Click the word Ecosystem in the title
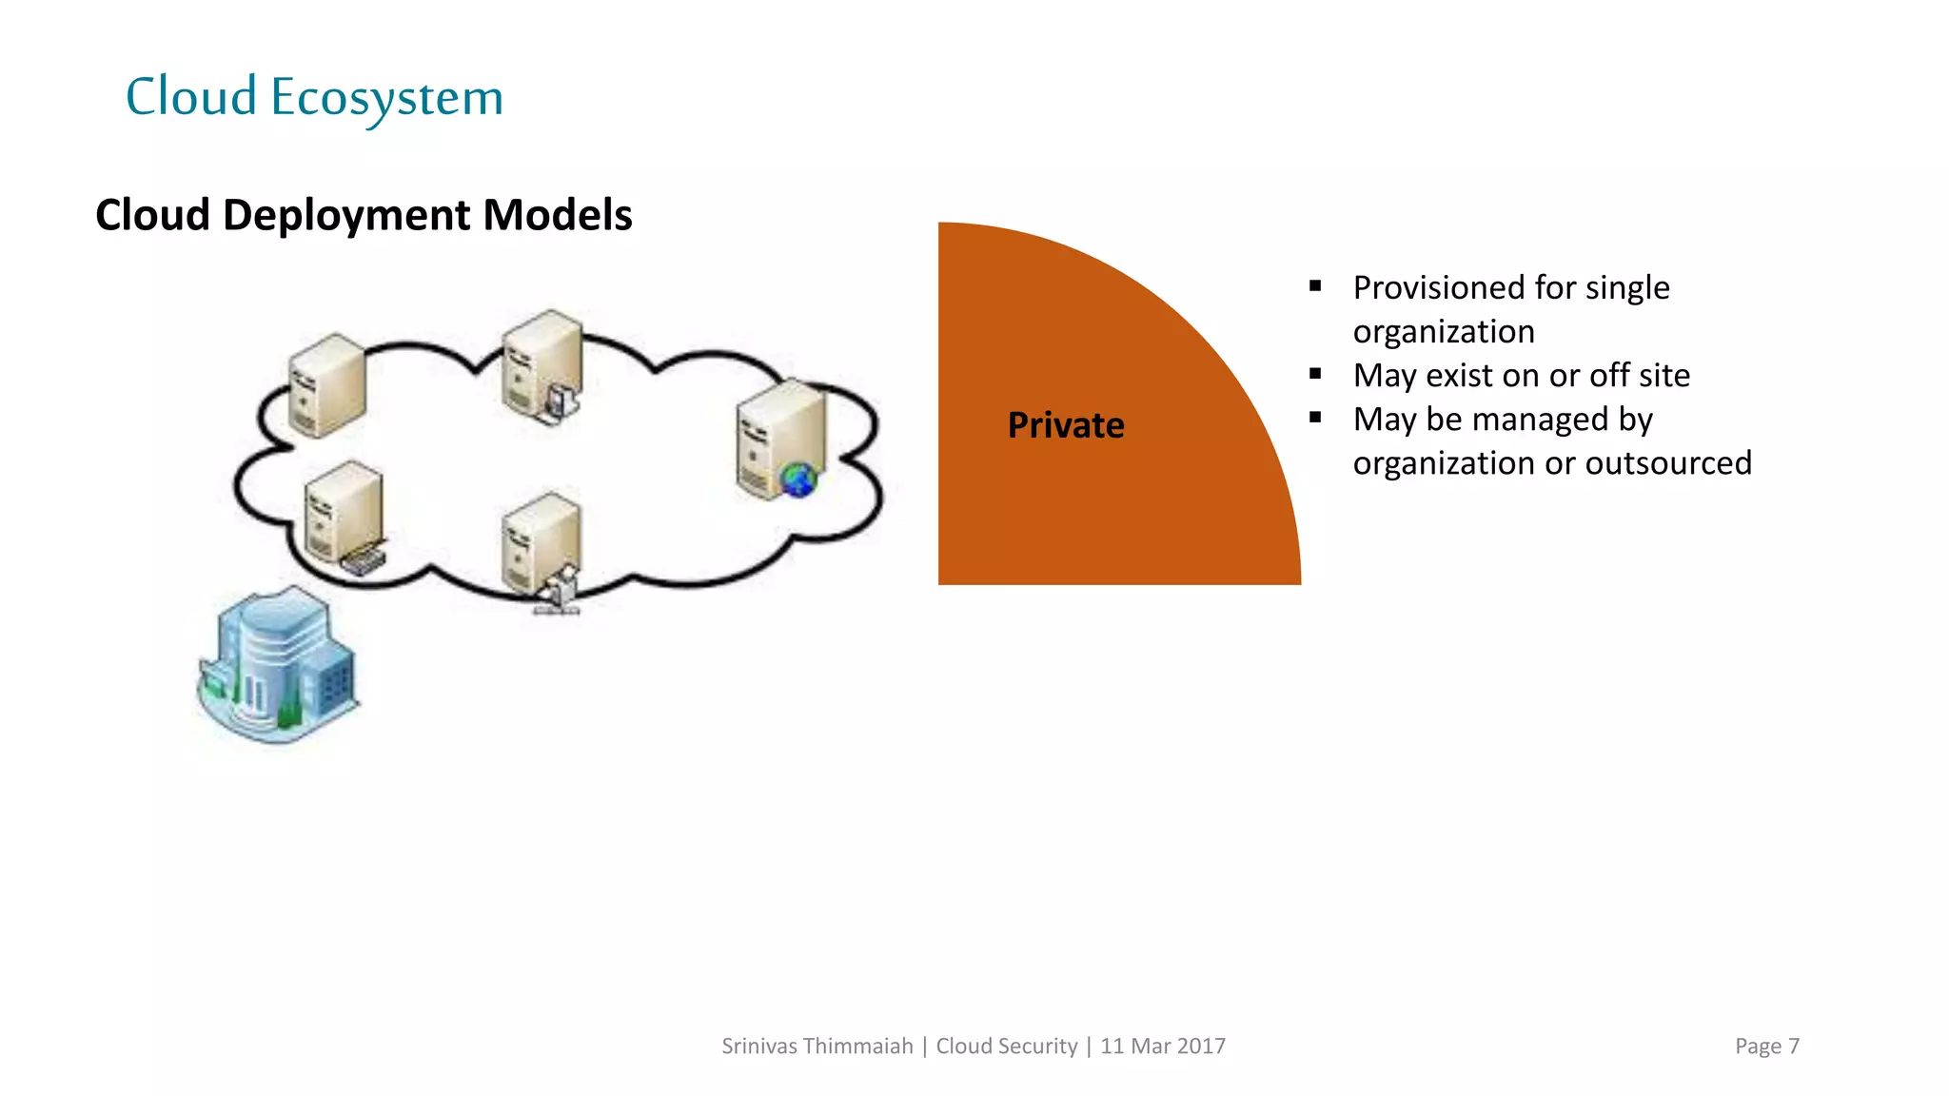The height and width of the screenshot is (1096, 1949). click(x=386, y=98)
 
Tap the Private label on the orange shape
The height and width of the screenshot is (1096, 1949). click(x=1066, y=425)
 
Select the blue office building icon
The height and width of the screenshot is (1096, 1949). click(x=278, y=665)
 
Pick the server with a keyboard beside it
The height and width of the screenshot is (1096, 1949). click(x=345, y=516)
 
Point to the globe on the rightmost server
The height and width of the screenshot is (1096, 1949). click(x=798, y=479)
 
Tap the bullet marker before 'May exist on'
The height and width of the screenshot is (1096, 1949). click(x=1315, y=374)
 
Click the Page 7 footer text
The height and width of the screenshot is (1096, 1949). click(x=1766, y=1047)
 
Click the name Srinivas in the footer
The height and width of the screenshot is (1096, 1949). click(x=758, y=1047)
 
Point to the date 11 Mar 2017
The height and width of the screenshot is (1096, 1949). click(x=1163, y=1047)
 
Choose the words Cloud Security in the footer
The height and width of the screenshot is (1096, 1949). click(x=1006, y=1047)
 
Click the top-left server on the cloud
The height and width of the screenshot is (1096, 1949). click(x=326, y=385)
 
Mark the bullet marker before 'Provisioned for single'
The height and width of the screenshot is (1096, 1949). click(x=1315, y=285)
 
